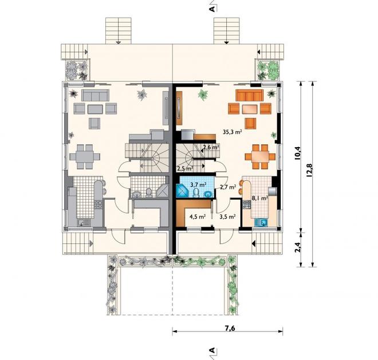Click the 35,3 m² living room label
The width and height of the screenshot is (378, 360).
coord(233,132)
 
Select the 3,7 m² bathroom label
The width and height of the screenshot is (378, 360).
coord(198,185)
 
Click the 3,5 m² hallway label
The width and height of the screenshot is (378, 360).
coord(227,216)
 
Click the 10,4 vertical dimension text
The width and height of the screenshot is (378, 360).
coord(298,153)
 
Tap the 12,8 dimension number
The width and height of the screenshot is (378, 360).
coord(309,171)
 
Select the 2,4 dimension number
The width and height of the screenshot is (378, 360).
coord(298,247)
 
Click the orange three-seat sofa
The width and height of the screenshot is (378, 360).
coord(249,95)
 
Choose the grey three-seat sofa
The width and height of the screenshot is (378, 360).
coord(95,95)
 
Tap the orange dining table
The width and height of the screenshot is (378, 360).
coord(261,157)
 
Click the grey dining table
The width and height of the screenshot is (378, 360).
coord(85,157)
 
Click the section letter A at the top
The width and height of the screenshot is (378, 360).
coord(212,9)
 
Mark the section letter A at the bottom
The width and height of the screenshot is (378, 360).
coord(212,350)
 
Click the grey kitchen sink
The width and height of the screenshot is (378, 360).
coord(84,223)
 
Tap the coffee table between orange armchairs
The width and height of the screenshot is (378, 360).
coord(250,109)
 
